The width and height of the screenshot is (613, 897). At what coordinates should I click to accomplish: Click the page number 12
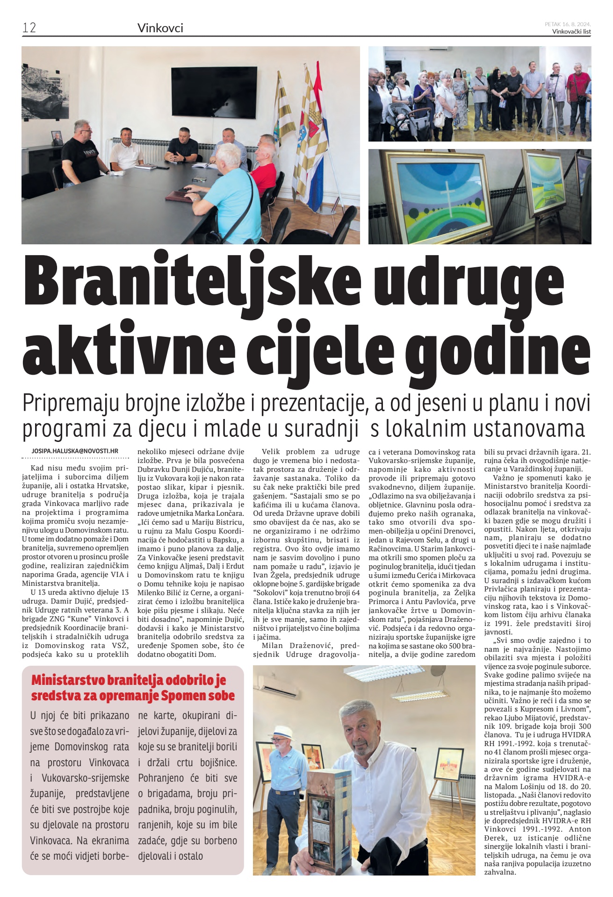click(29, 28)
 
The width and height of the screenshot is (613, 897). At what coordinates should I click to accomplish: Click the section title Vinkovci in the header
click(160, 28)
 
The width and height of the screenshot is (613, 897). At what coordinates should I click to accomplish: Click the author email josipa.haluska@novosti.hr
click(75, 451)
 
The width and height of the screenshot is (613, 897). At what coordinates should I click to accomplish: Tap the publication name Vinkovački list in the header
click(571, 32)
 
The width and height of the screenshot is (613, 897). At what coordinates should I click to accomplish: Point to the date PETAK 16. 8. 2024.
click(568, 24)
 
